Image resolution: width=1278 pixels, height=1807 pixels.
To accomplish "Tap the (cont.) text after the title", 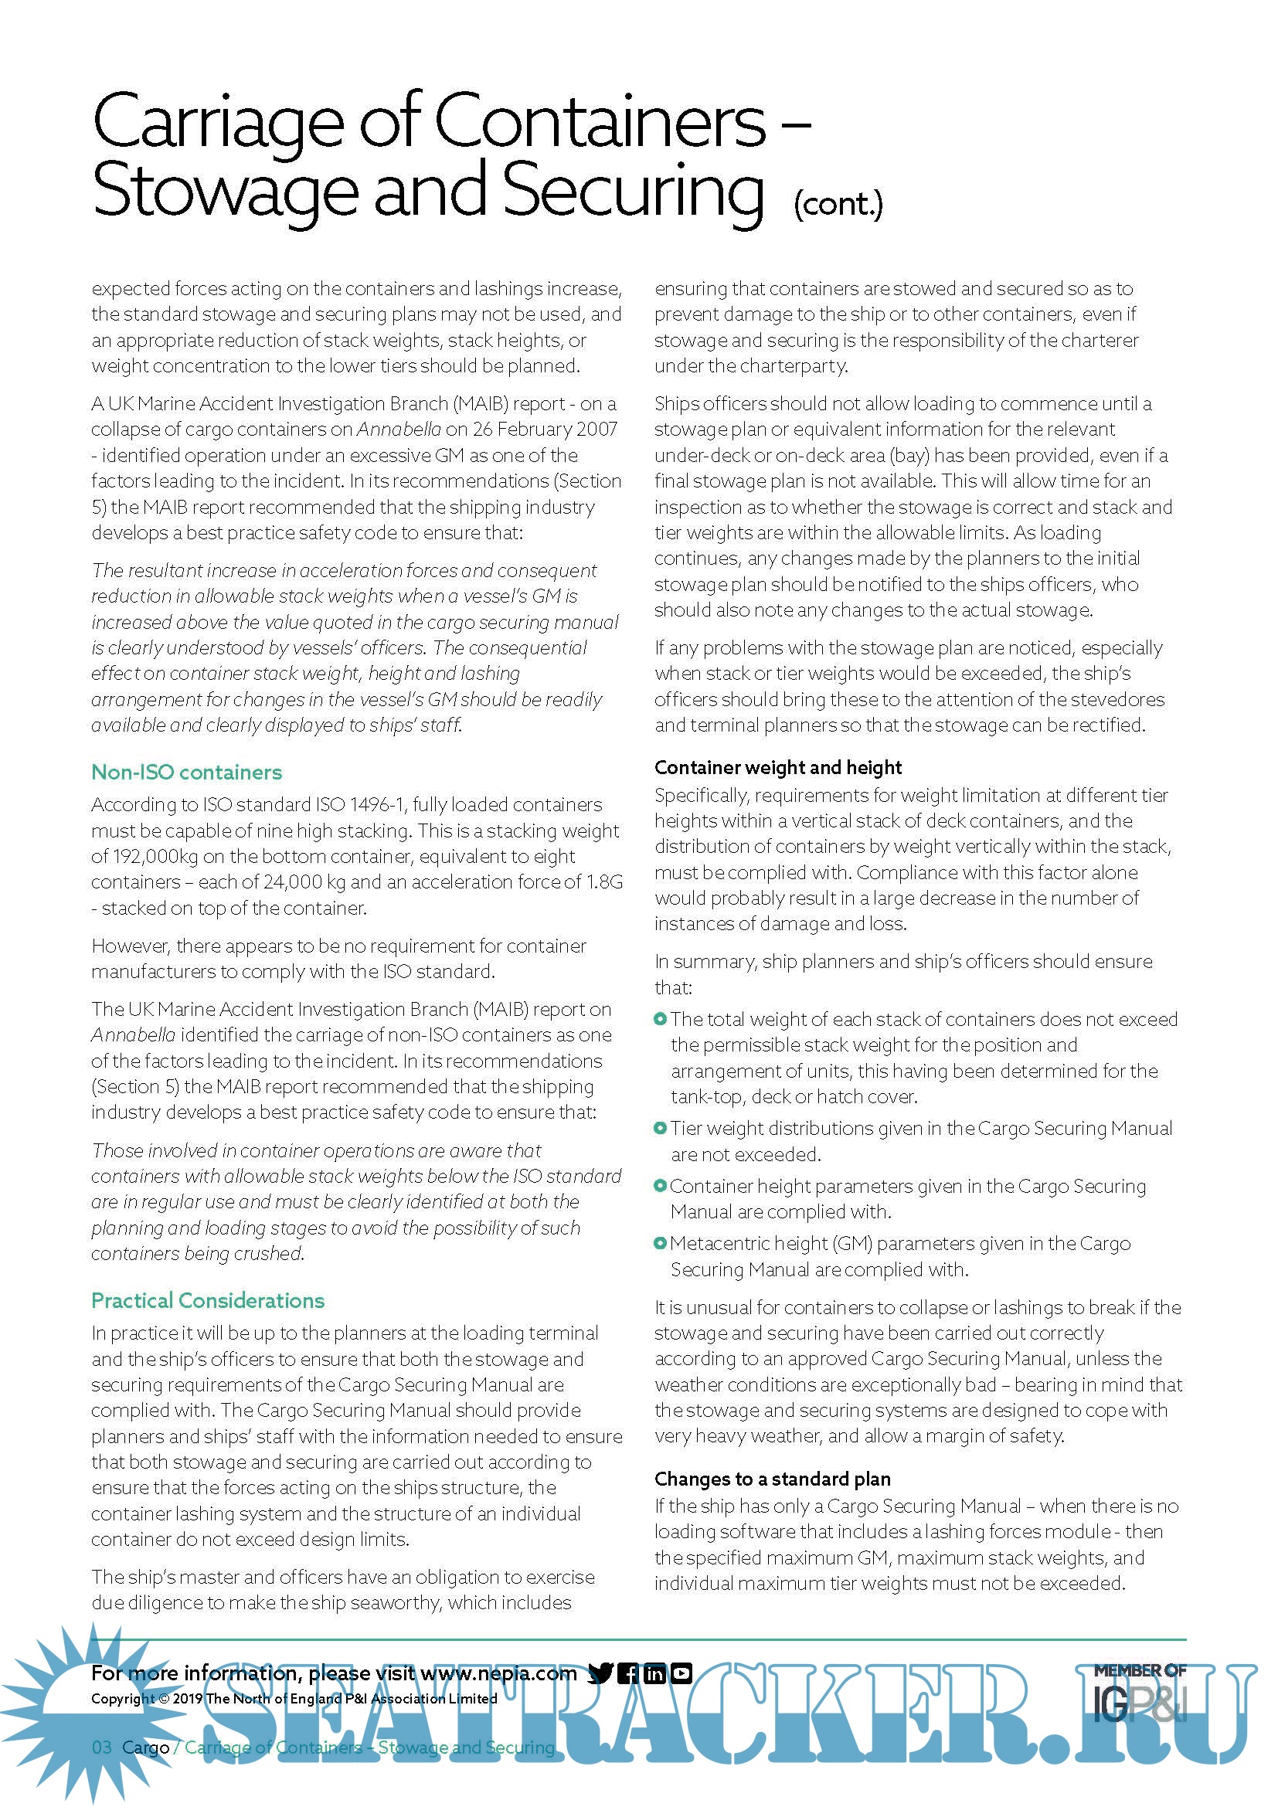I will tap(838, 204).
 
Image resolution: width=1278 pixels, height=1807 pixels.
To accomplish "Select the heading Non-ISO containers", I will tap(186, 772).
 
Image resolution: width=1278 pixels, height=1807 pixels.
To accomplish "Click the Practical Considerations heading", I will tap(208, 1300).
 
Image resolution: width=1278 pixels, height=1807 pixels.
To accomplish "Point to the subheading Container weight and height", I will tap(777, 767).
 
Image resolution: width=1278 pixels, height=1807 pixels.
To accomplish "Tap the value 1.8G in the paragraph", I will tap(604, 882).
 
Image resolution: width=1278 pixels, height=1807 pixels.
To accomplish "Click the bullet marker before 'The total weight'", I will tap(660, 1019).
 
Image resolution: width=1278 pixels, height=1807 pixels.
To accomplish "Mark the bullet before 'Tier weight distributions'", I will tap(660, 1128).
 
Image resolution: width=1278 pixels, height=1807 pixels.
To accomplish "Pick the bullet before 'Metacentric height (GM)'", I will tap(660, 1244).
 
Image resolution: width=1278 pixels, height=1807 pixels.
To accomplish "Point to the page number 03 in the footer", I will tap(101, 1748).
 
